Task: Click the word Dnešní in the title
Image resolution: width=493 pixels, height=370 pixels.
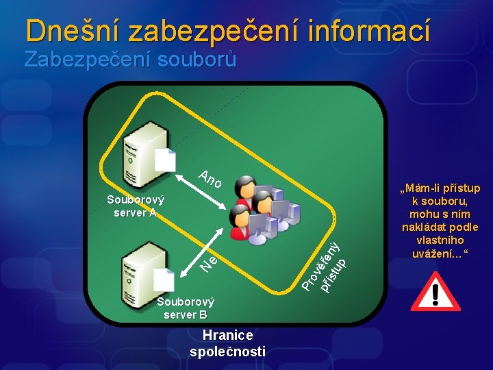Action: (x=71, y=31)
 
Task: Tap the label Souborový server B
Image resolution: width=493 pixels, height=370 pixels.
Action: (x=185, y=308)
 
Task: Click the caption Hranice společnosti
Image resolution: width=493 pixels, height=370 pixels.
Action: (x=227, y=343)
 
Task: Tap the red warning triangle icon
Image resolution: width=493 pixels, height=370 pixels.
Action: (x=434, y=293)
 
